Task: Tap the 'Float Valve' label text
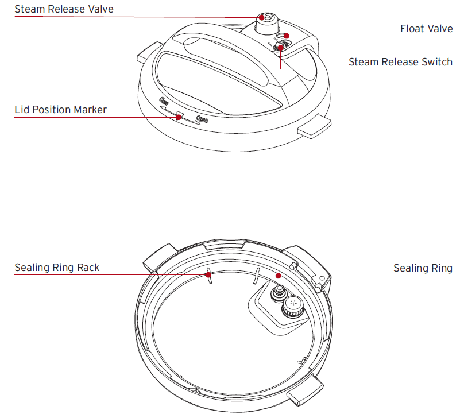pos(426,29)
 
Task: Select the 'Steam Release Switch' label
pos(400,62)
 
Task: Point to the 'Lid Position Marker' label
pos(60,110)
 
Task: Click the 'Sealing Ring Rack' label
pos(57,268)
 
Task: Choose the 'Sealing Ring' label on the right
pos(423,268)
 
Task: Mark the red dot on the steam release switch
pos(280,48)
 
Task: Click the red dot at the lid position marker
pos(179,117)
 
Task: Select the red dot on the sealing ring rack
pos(209,275)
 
